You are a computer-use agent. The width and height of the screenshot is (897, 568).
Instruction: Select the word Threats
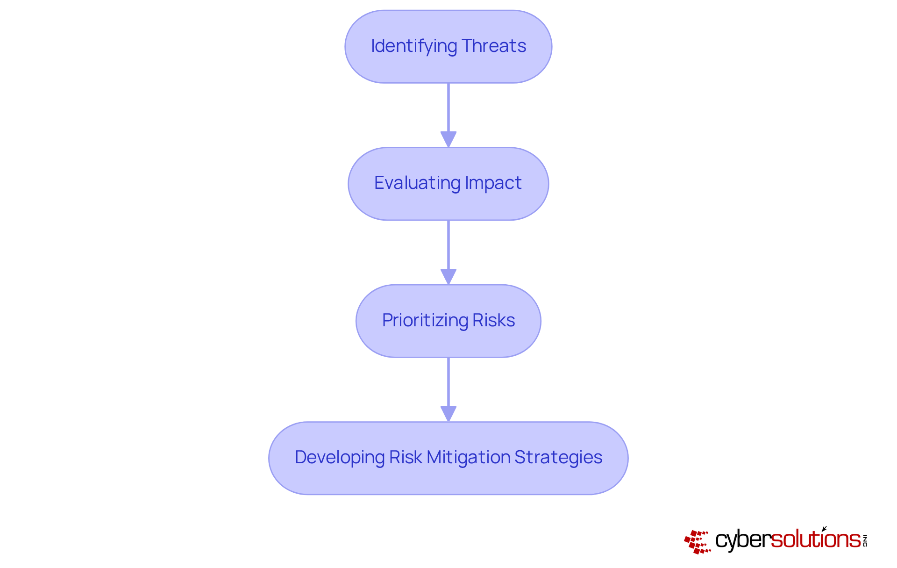(494, 46)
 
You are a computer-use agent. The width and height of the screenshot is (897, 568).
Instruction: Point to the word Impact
(493, 183)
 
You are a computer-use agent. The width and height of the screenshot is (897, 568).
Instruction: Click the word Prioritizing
(425, 321)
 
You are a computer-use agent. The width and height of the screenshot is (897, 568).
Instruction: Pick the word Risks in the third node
(494, 321)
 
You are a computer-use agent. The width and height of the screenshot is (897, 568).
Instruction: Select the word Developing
(339, 457)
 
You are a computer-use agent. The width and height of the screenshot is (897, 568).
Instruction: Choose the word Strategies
(558, 457)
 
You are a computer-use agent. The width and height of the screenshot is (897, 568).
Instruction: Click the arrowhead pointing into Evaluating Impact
(448, 139)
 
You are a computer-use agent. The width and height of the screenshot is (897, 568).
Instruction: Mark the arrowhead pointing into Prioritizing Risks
(448, 276)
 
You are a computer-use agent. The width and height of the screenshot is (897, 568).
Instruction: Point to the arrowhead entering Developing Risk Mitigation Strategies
(448, 413)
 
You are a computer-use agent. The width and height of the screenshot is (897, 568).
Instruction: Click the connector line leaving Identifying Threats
(448, 108)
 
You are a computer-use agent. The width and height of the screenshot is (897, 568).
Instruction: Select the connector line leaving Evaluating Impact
(448, 244)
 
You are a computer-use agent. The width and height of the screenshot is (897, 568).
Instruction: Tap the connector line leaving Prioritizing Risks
(448, 381)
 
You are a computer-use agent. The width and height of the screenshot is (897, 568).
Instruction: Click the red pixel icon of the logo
(697, 541)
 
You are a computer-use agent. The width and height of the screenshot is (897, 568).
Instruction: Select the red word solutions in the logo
(815, 539)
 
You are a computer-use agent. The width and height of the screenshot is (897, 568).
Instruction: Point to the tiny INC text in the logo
(865, 540)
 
